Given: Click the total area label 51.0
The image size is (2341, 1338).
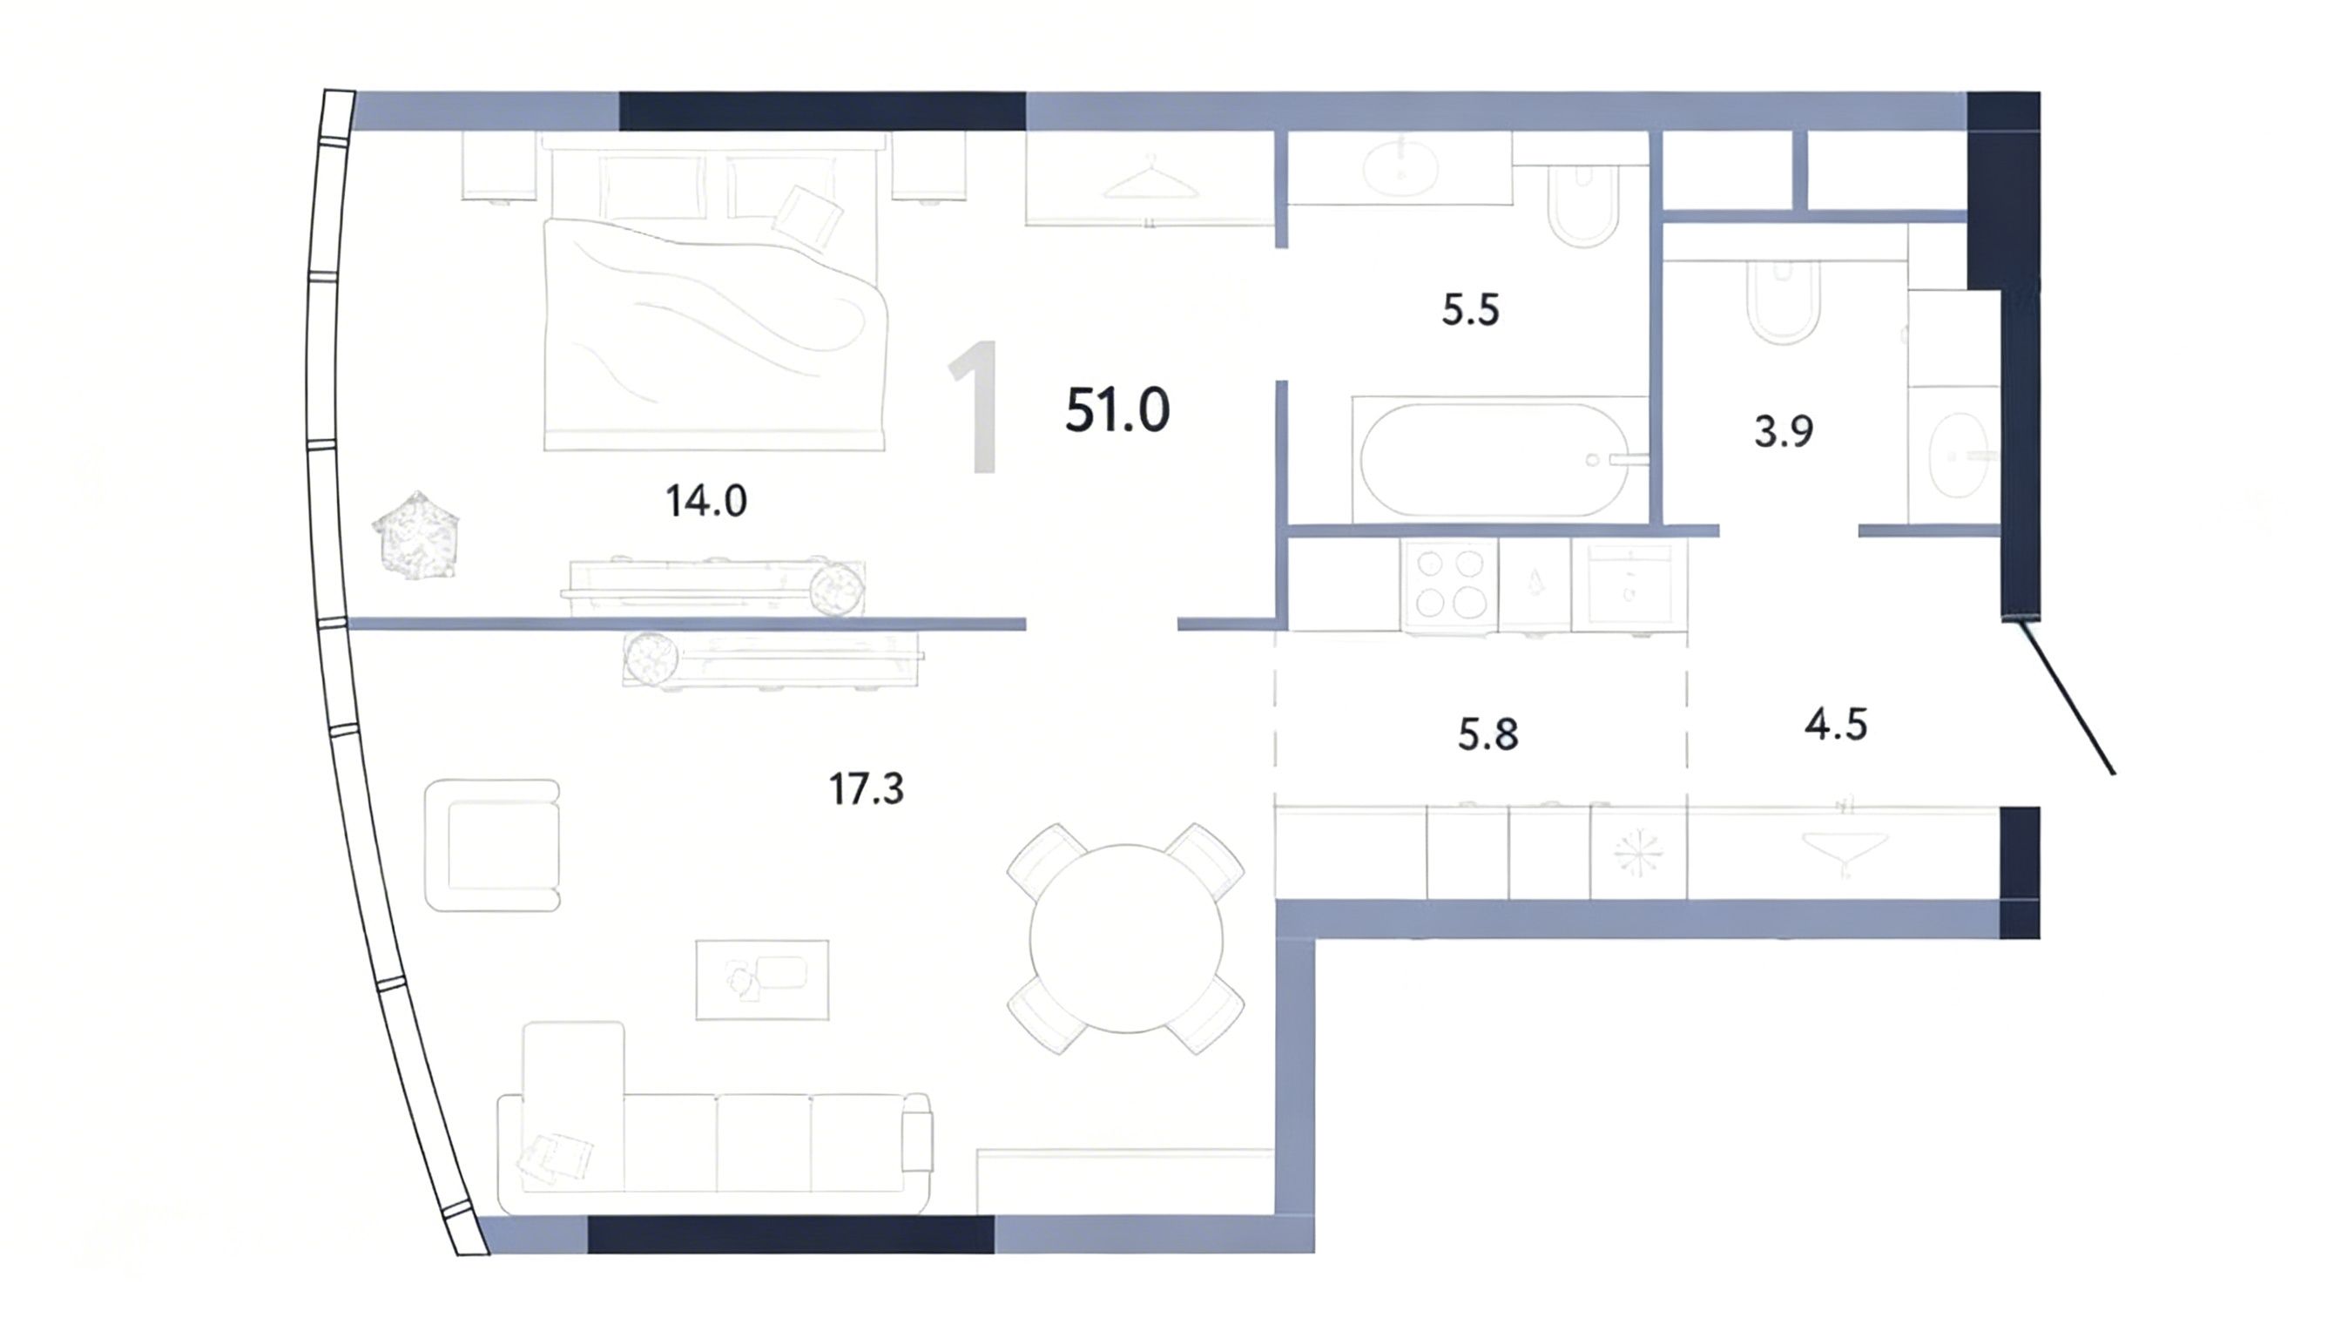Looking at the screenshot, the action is click(1117, 410).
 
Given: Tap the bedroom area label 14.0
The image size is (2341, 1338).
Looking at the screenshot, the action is click(705, 502).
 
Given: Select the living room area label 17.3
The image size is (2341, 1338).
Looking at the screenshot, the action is click(867, 789).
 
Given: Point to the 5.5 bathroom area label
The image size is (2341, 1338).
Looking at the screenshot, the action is click(1470, 311).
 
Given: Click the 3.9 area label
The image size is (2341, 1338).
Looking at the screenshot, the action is click(1784, 432).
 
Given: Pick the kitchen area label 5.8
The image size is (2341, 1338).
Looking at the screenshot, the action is click(1488, 735).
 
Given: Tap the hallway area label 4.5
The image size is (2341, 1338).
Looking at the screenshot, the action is click(1836, 725).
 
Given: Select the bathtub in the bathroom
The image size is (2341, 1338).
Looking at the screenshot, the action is click(1501, 459).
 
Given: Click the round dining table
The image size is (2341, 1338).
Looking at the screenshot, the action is click(1126, 938).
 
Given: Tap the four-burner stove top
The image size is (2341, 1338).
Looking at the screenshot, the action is click(1449, 584).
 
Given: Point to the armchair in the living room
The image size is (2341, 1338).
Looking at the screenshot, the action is click(492, 846).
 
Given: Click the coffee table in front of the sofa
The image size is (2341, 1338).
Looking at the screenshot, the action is click(762, 980).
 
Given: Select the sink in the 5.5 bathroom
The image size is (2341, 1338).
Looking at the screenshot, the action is click(1400, 168).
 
